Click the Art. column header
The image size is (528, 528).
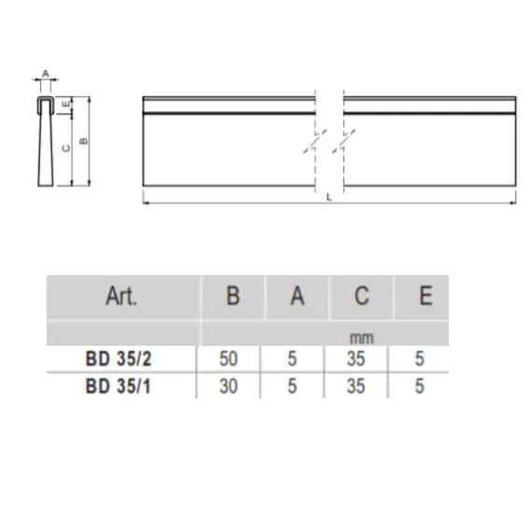click(x=121, y=298)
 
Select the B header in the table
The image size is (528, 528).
click(x=233, y=298)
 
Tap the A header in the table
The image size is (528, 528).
click(x=297, y=298)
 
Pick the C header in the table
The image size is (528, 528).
click(x=361, y=298)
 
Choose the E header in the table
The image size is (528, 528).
click(x=425, y=298)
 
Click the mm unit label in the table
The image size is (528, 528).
click(x=361, y=338)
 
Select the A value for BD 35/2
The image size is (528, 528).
click(x=293, y=358)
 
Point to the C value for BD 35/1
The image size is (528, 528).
click(x=355, y=384)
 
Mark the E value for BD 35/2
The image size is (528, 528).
click(x=420, y=358)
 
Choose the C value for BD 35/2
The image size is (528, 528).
click(x=355, y=358)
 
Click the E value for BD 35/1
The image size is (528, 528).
click(x=420, y=384)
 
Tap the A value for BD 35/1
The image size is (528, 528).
click(x=293, y=384)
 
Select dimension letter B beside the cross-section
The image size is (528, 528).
click(x=83, y=141)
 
